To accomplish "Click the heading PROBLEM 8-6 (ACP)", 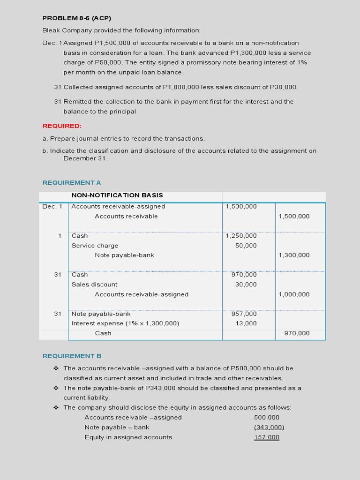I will (76, 18).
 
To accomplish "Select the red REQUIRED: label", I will (62, 126).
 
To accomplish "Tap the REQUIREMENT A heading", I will (72, 182).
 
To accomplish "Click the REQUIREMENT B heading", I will (72, 356).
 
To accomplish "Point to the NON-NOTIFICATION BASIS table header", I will (117, 195).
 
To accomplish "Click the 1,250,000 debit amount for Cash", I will (241, 236).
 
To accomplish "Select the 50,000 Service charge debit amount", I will (246, 246).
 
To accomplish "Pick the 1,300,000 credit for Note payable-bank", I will (294, 255).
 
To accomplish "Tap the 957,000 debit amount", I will (244, 314).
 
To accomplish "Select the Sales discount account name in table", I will (94, 285).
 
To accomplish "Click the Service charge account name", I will (95, 246).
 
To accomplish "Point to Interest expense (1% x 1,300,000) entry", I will (125, 323).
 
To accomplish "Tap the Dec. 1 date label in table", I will (52, 206).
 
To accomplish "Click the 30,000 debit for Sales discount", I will (246, 285).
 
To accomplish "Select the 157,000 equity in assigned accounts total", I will (267, 437).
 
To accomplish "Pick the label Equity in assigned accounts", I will (128, 437).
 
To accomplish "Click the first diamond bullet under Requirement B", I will (56, 368).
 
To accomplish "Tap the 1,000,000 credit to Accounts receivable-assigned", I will (294, 294).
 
